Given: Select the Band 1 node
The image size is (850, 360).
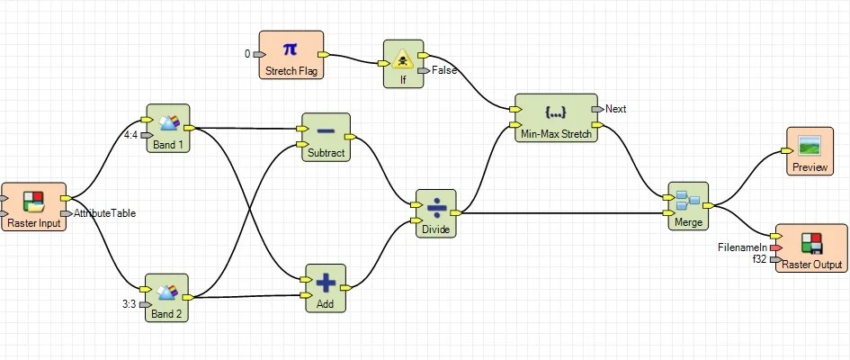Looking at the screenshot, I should (x=168, y=128).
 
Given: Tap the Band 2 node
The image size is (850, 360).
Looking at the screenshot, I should (x=167, y=298).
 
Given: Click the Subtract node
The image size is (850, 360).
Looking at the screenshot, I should (x=325, y=137).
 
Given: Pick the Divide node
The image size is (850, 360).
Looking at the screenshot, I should (x=436, y=212).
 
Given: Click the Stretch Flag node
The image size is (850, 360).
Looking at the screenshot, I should (x=291, y=54).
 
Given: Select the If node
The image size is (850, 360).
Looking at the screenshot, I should (x=403, y=63).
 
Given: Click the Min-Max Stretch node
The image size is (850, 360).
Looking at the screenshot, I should (x=555, y=117).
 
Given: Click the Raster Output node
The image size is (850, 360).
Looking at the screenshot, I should (x=811, y=247).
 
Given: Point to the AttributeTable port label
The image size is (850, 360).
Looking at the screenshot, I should (x=105, y=213).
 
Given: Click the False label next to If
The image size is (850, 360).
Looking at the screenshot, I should (x=443, y=70).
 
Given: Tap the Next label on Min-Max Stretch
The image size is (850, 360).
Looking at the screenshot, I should (x=616, y=109).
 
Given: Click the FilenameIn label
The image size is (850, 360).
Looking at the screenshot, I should (x=741, y=247).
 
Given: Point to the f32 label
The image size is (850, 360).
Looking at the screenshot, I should (x=758, y=259).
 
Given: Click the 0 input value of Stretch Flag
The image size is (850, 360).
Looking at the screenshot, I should (x=247, y=54).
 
